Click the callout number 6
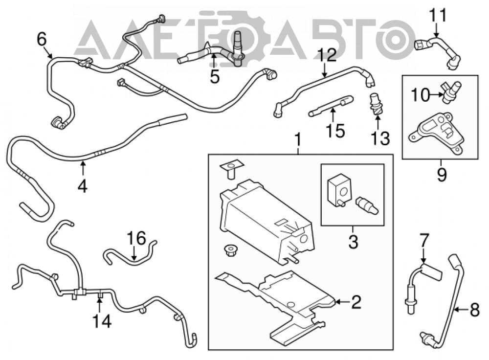click(x=42, y=40)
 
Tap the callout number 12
click(x=327, y=55)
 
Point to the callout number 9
click(x=442, y=175)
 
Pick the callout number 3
click(x=353, y=242)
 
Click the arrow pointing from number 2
click(x=342, y=302)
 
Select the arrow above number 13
click(x=378, y=122)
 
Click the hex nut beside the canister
click(x=230, y=250)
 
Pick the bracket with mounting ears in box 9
click(x=435, y=133)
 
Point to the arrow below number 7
click(x=423, y=257)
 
